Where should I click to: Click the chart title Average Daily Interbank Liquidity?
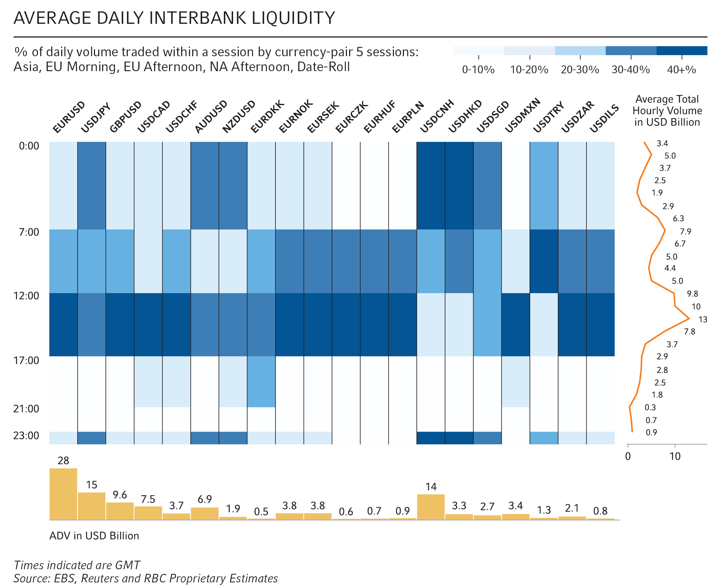pos(174,18)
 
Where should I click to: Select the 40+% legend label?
pos(681,69)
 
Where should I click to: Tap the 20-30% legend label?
pos(580,69)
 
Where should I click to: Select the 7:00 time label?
pos(28,232)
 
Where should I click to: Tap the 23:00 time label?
pos(26,435)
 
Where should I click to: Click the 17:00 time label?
pos(26,360)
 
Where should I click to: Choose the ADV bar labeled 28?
pos(63,494)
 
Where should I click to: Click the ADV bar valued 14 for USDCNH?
pos(431,507)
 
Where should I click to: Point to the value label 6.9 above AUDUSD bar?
pos(205,499)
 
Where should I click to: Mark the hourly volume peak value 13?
pos(702,319)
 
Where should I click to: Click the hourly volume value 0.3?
pos(650,407)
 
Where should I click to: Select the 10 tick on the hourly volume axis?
pos(675,456)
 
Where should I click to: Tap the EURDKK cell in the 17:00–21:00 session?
pos(261,381)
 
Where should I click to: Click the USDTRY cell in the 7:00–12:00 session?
pos(544,261)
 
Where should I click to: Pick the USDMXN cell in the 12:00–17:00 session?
pos(516,324)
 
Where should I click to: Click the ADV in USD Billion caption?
pos(94,535)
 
